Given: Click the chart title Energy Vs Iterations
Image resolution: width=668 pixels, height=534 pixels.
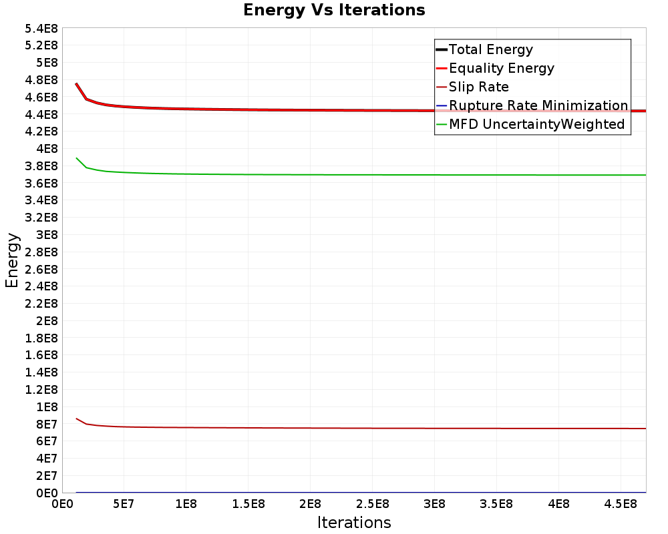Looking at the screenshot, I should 334,10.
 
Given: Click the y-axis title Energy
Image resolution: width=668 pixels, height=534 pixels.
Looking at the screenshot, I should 11,260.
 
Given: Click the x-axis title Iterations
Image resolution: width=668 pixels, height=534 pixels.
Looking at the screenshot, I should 354,522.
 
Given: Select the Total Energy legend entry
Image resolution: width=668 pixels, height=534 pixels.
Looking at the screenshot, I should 491,49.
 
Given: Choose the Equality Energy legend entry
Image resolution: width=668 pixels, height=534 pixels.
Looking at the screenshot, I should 502,68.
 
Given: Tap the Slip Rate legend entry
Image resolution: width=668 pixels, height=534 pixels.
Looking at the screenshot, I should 479,87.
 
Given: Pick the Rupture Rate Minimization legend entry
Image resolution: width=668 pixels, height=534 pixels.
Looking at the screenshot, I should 538,105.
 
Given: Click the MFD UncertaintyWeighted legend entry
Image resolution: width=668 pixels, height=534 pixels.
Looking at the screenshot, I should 536,124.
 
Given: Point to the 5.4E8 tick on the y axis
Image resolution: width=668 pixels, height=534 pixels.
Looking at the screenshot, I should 42,28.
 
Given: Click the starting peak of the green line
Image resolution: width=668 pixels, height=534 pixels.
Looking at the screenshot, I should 77,158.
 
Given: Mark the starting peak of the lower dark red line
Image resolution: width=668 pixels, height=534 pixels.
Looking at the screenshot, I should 77,419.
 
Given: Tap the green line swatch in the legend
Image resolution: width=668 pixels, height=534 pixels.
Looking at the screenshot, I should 441,124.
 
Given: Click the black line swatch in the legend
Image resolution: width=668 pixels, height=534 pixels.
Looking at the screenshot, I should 441,49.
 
